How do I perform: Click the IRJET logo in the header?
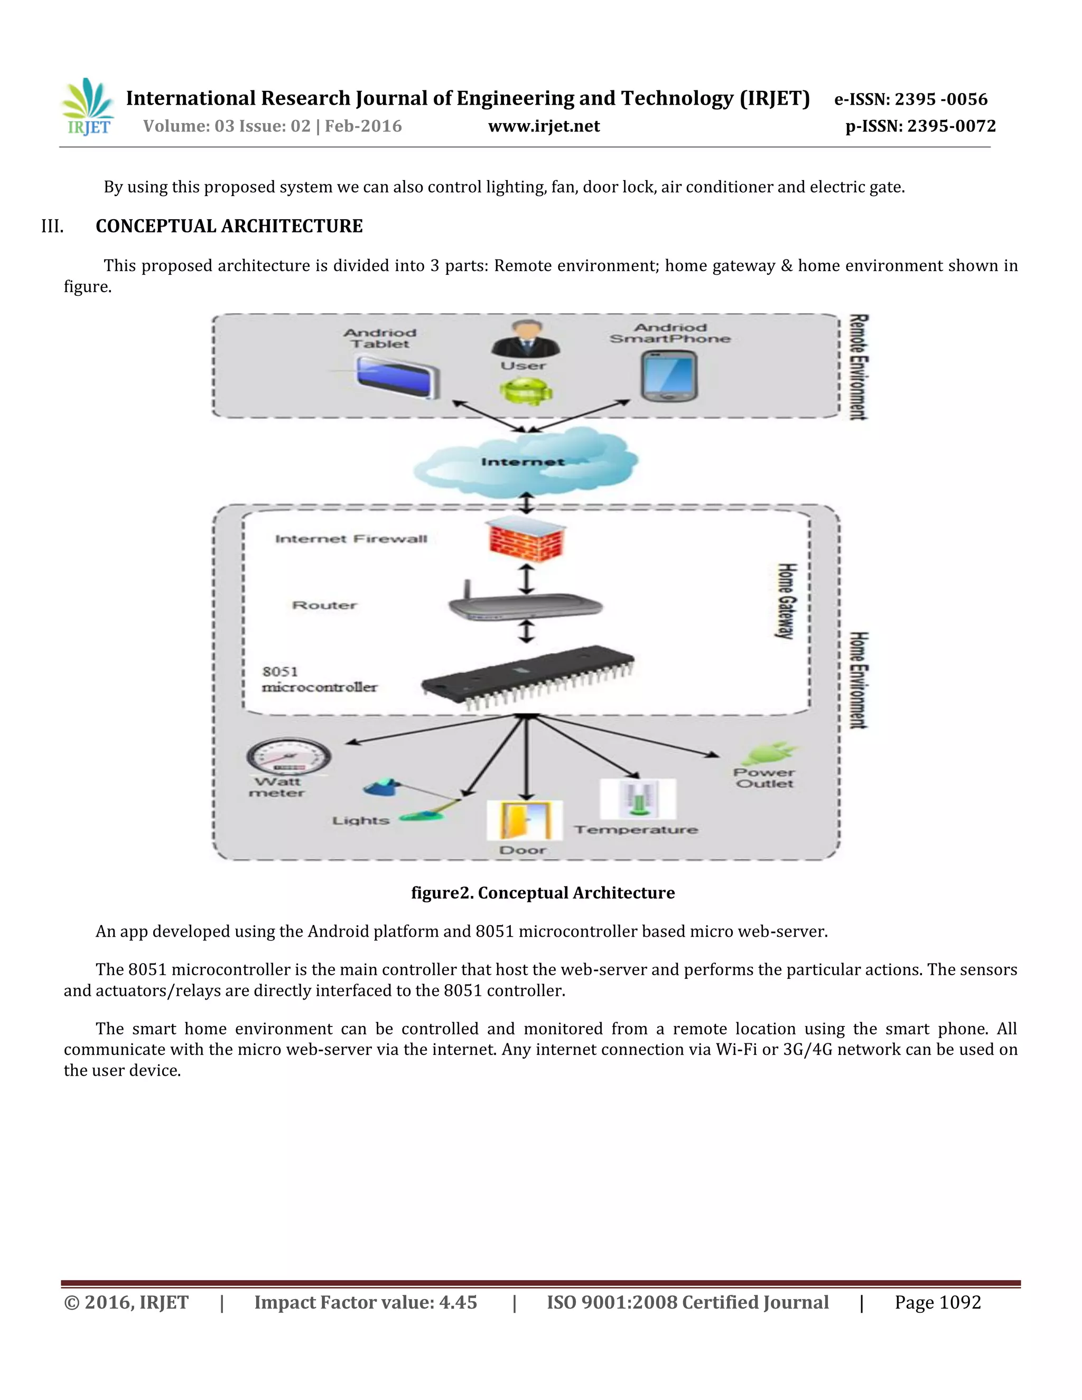coord(88,107)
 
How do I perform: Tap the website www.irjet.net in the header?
coord(544,126)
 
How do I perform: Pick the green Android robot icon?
coord(526,390)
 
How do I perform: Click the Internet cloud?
coord(524,462)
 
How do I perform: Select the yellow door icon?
coord(524,820)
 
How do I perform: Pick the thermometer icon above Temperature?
coord(637,799)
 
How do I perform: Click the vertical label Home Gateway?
coord(787,601)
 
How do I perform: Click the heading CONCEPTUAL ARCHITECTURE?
coord(229,226)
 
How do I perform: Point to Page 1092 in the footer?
coord(937,1303)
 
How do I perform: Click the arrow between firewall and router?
coord(526,579)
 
